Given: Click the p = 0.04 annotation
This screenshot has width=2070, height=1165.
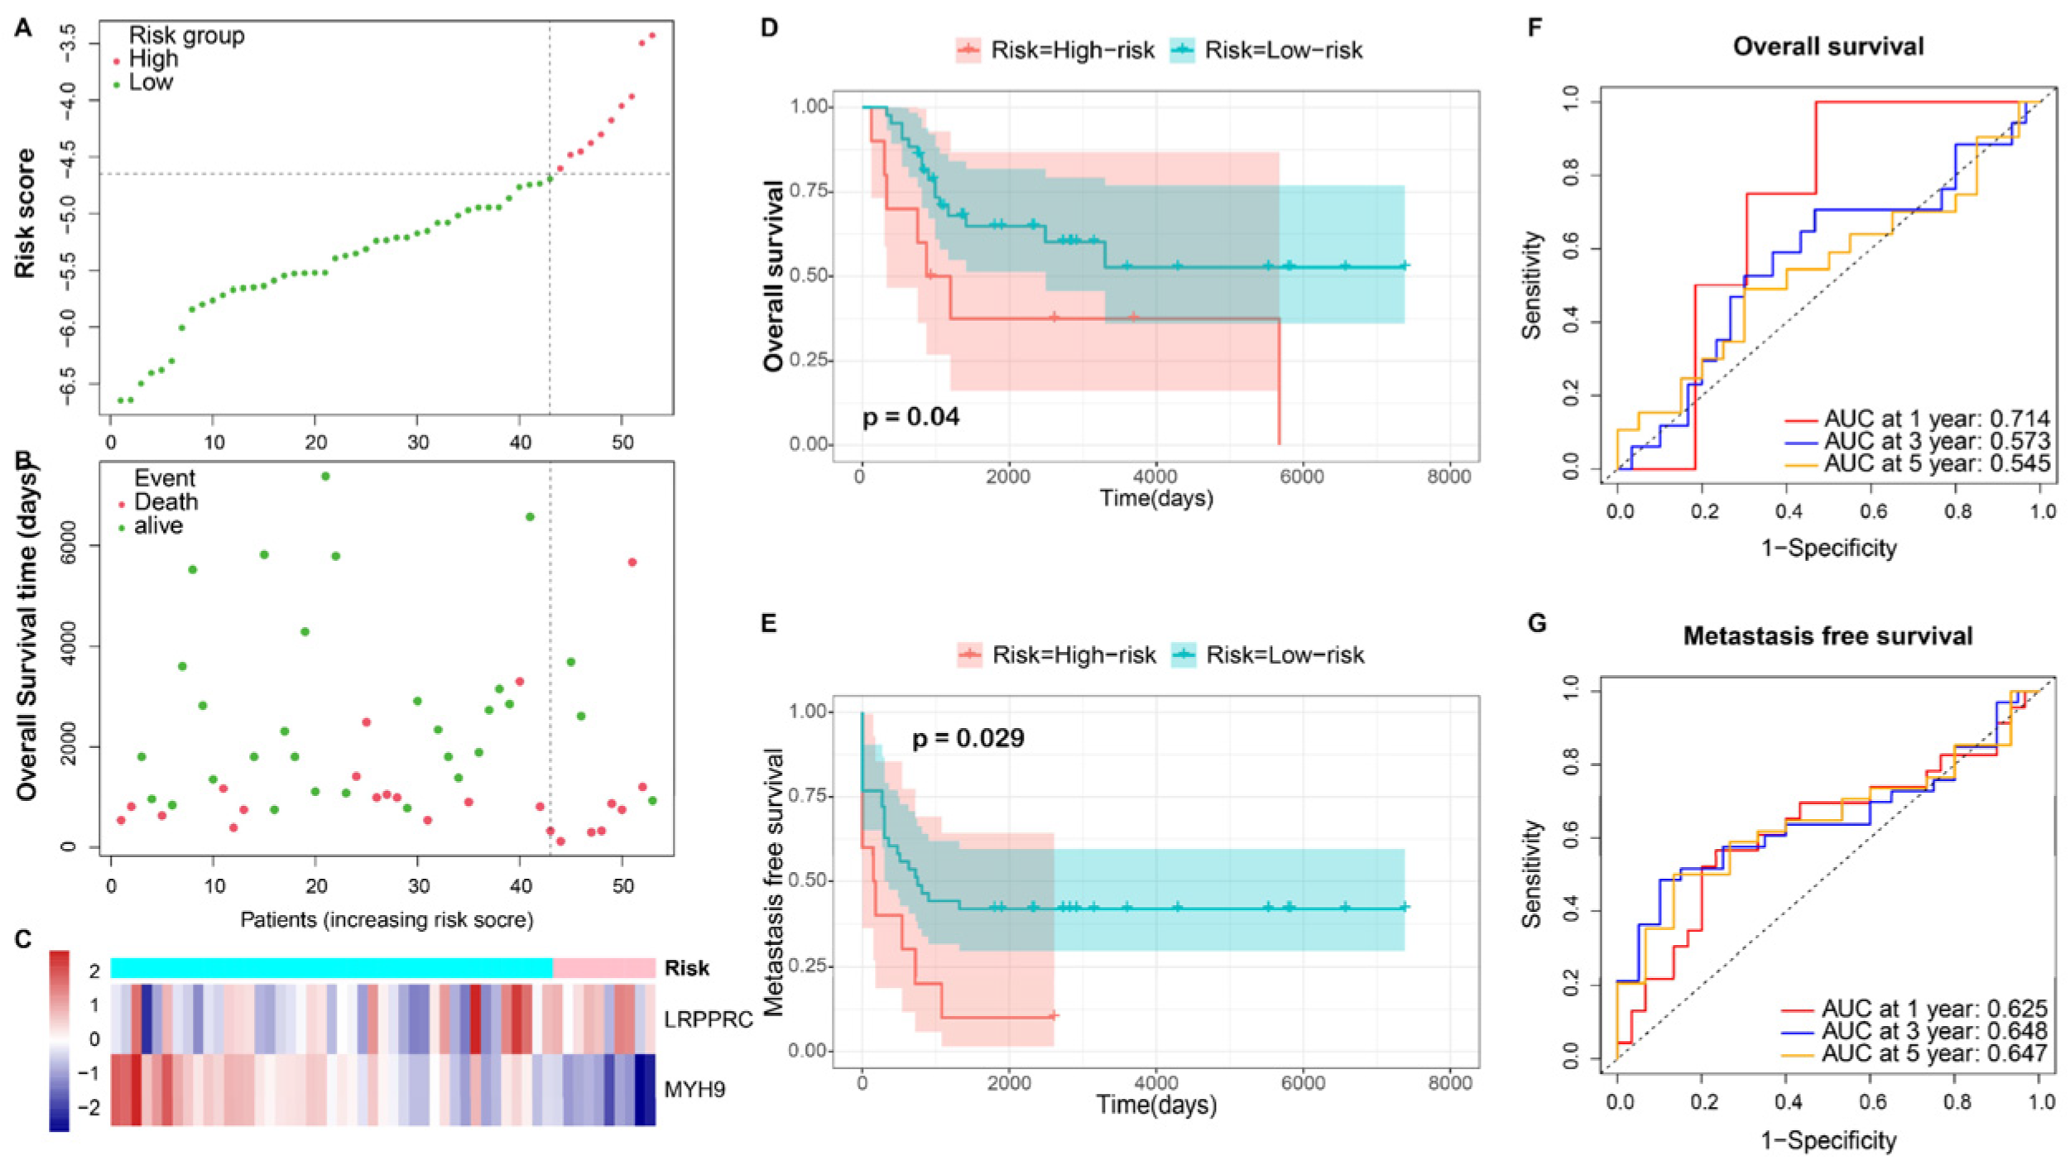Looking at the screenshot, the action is [x=910, y=416].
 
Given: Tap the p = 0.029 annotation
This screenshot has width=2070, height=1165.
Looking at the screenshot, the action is [x=968, y=737].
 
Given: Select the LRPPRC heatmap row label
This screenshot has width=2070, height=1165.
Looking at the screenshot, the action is [x=708, y=1019].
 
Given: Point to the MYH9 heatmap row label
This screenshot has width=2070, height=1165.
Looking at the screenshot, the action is [x=694, y=1089].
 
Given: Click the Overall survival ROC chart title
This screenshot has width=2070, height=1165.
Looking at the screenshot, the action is [x=1828, y=46].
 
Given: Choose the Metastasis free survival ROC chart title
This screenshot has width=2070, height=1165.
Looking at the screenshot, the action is [x=1828, y=635].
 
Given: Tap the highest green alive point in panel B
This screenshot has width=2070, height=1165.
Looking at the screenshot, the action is [x=325, y=476].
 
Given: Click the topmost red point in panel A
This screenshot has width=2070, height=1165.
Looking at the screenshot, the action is [x=652, y=35].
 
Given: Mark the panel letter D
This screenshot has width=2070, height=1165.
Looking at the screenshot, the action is [x=770, y=27].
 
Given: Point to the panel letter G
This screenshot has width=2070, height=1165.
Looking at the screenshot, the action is [x=1537, y=623].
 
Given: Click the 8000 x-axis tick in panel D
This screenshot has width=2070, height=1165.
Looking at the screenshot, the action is [x=1449, y=477].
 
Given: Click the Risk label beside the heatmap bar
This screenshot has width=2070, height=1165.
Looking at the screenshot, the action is [x=686, y=968].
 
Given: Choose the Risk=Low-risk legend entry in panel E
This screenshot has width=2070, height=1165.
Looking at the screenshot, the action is [x=1269, y=655].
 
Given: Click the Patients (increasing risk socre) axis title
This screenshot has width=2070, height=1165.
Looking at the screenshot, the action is [x=387, y=920].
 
